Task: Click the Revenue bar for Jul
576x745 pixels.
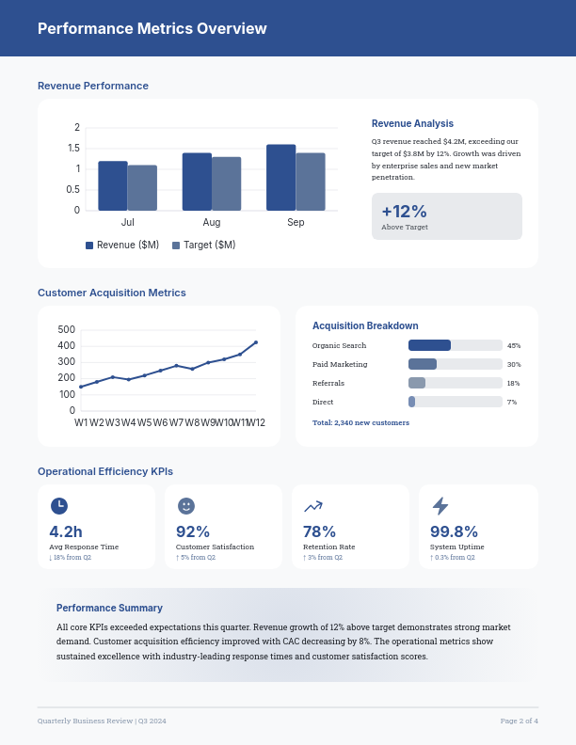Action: [x=112, y=186]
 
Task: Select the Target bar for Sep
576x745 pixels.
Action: [x=311, y=182]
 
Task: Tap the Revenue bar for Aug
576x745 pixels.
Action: [x=197, y=182]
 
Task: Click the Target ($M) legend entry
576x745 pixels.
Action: [x=204, y=246]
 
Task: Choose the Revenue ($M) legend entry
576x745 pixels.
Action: [x=122, y=246]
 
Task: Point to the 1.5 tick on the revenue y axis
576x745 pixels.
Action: [x=73, y=149]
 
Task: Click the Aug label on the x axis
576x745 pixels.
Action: [x=212, y=223]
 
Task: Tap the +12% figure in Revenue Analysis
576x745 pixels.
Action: [x=404, y=212]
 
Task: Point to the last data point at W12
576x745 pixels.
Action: [x=256, y=342]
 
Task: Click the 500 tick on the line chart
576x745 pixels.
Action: [x=66, y=330]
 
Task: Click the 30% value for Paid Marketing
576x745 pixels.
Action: [x=514, y=364]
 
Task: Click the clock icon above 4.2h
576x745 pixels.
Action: [x=58, y=506]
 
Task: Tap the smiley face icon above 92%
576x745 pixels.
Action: [x=185, y=506]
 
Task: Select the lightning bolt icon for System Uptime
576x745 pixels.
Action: [x=440, y=506]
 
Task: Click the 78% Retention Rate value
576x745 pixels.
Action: [x=319, y=531]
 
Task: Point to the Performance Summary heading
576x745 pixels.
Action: [x=109, y=608]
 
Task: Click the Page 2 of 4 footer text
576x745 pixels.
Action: [x=519, y=721]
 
